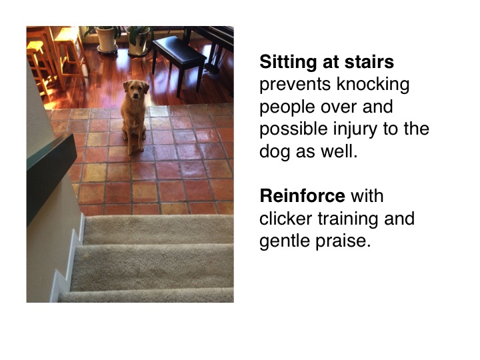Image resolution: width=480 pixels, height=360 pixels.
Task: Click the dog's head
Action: click(136, 89)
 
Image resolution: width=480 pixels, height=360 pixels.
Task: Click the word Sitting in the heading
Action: click(289, 63)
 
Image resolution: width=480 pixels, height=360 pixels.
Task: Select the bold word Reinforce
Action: click(303, 196)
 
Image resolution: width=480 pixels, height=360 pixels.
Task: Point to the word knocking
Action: click(373, 84)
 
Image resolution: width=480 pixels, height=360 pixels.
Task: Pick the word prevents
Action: click(295, 85)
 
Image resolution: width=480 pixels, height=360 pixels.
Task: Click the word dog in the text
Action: click(275, 151)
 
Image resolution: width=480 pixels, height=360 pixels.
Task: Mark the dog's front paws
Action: click(135, 151)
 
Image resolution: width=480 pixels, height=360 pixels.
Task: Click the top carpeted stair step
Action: click(159, 229)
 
